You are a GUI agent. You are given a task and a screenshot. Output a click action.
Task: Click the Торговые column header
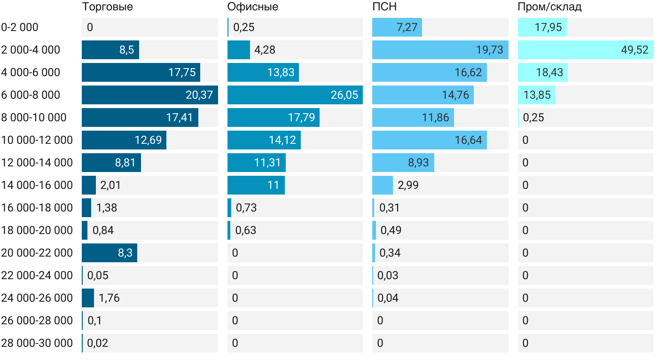tap(107, 7)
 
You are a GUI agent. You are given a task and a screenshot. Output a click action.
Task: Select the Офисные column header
tap(252, 7)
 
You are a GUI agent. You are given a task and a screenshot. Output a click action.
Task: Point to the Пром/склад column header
tap(549, 7)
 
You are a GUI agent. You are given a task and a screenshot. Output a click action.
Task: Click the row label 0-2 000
tap(20, 27)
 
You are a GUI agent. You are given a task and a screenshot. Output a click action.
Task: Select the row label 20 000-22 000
tap(37, 253)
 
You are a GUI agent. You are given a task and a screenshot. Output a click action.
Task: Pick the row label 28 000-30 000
tap(37, 343)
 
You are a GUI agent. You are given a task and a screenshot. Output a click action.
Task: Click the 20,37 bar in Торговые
tap(149, 95)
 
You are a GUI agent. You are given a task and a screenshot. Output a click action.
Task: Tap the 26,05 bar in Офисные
tap(295, 95)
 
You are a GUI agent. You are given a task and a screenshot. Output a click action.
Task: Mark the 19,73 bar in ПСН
tap(440, 50)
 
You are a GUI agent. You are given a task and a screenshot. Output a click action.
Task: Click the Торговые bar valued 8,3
tap(109, 253)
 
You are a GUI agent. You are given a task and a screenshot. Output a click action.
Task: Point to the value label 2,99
tap(408, 185)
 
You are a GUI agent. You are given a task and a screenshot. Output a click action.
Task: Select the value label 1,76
tap(109, 298)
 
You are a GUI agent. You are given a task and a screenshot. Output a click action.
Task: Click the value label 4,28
tap(265, 50)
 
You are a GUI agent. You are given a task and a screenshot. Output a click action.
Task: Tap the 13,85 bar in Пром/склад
tap(536, 95)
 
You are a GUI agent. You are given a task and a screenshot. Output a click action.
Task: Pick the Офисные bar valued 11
tap(256, 185)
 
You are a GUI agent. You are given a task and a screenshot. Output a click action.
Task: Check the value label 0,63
tap(245, 230)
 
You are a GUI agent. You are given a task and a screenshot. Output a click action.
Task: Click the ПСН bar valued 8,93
tap(403, 163)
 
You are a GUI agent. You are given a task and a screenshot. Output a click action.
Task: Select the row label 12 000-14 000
tap(37, 163)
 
